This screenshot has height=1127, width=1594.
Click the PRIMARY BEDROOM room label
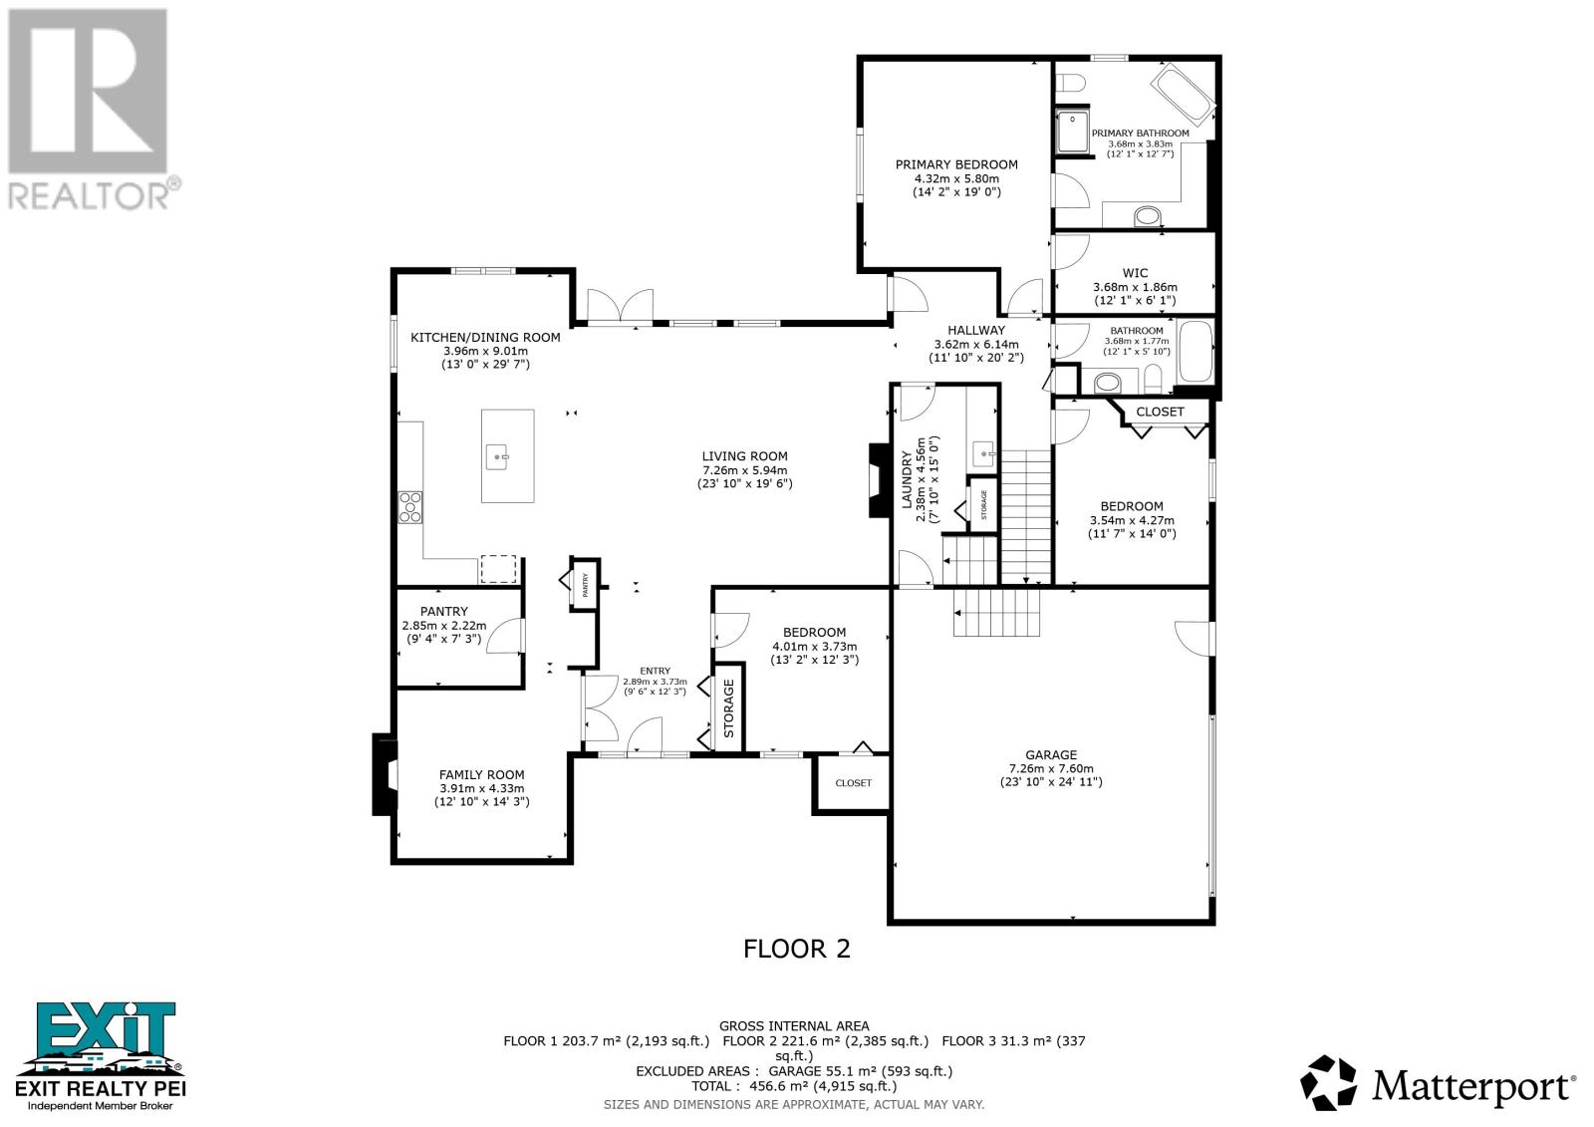pyautogui.click(x=955, y=164)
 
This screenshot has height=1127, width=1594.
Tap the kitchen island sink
pyautogui.click(x=499, y=457)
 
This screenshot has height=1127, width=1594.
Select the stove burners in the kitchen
pyautogui.click(x=409, y=507)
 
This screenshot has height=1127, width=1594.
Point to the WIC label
pyautogui.click(x=1135, y=273)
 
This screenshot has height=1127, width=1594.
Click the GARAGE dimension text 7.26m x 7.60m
pyautogui.click(x=1051, y=768)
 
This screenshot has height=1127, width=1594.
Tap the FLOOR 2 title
pyautogui.click(x=797, y=948)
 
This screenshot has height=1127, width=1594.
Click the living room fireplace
pyautogui.click(x=877, y=480)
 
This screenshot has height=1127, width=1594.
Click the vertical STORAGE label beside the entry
pyautogui.click(x=728, y=707)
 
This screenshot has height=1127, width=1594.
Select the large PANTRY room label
pyautogui.click(x=443, y=612)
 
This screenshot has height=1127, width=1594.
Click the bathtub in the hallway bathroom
pyautogui.click(x=1195, y=352)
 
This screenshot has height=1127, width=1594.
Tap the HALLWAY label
pyautogui.click(x=975, y=330)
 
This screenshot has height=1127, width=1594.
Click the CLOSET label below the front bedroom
pyautogui.click(x=853, y=782)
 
